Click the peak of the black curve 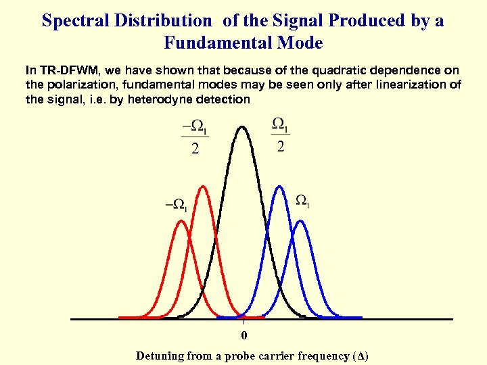click(x=242, y=127)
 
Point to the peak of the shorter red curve click(x=181, y=221)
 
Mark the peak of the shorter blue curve click(x=302, y=221)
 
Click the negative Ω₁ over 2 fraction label click(x=195, y=136)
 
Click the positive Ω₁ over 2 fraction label click(x=280, y=135)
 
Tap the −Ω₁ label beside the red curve click(x=178, y=203)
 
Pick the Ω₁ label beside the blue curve click(x=303, y=201)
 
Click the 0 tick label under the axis click(x=244, y=336)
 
